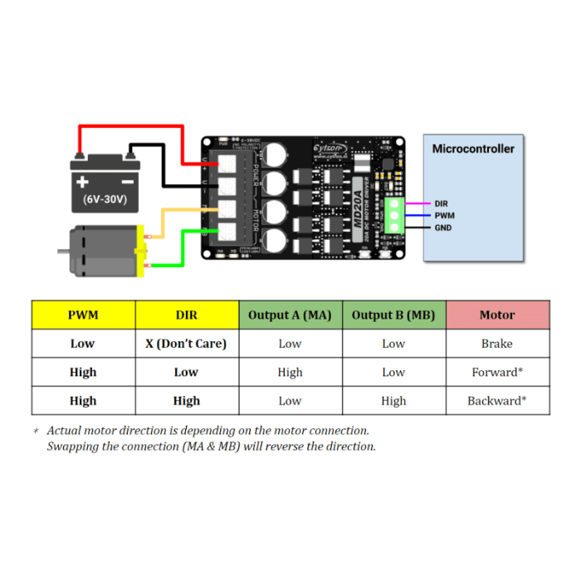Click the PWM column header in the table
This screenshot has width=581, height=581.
[83, 315]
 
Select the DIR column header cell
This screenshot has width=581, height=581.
[187, 315]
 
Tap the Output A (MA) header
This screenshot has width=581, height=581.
[290, 315]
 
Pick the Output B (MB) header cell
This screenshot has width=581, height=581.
[393, 315]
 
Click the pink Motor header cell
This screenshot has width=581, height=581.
[497, 315]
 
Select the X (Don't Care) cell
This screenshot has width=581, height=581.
[187, 344]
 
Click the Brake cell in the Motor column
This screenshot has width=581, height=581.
[497, 344]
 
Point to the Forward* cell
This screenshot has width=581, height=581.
[497, 373]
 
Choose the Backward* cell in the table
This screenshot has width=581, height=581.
[497, 401]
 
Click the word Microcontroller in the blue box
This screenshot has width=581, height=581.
[473, 149]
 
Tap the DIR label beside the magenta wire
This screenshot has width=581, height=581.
[442, 203]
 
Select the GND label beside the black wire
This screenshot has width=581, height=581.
[443, 227]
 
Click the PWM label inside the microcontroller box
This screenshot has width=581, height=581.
[444, 215]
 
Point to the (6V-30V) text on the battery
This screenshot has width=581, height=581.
[105, 200]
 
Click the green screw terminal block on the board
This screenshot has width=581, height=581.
[394, 214]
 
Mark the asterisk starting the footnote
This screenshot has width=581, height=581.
[36, 432]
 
